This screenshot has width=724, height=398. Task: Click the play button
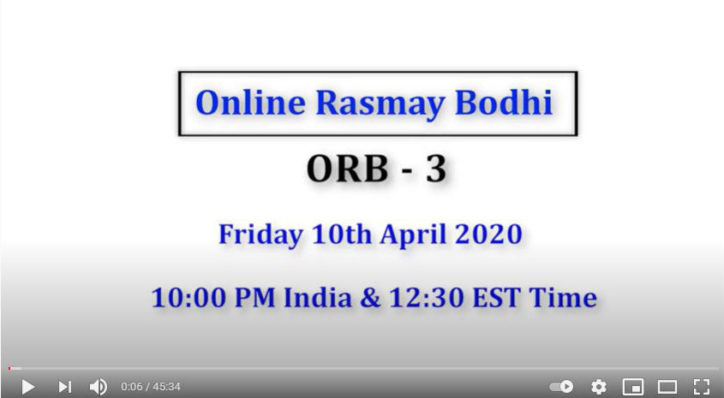(x=28, y=387)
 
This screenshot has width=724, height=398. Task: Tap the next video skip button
(x=64, y=387)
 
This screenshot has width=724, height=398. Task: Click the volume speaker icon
(x=99, y=387)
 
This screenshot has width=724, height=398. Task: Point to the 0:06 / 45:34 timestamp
(x=151, y=387)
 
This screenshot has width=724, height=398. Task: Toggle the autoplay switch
(x=561, y=387)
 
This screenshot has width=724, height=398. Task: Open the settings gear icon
(x=599, y=387)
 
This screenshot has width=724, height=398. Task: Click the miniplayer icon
(x=633, y=387)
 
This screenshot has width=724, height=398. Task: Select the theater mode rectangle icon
(x=667, y=387)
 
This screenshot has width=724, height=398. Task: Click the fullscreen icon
(x=702, y=387)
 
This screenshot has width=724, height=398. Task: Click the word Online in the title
(x=251, y=103)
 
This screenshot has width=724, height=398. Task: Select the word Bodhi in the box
(x=504, y=102)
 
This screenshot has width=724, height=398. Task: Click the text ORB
(x=348, y=169)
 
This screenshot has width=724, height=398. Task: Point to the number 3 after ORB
(x=436, y=169)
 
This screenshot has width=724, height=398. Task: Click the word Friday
(x=260, y=235)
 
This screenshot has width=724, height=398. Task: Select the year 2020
(x=488, y=234)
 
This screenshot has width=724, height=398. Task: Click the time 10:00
(x=189, y=298)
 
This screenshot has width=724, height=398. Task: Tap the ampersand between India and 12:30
(x=370, y=298)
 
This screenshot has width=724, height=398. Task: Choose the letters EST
(x=497, y=298)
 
